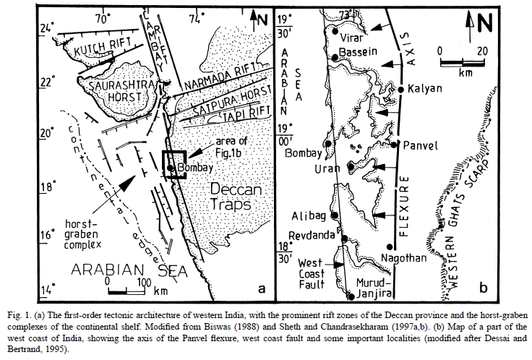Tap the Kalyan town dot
[401, 89]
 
